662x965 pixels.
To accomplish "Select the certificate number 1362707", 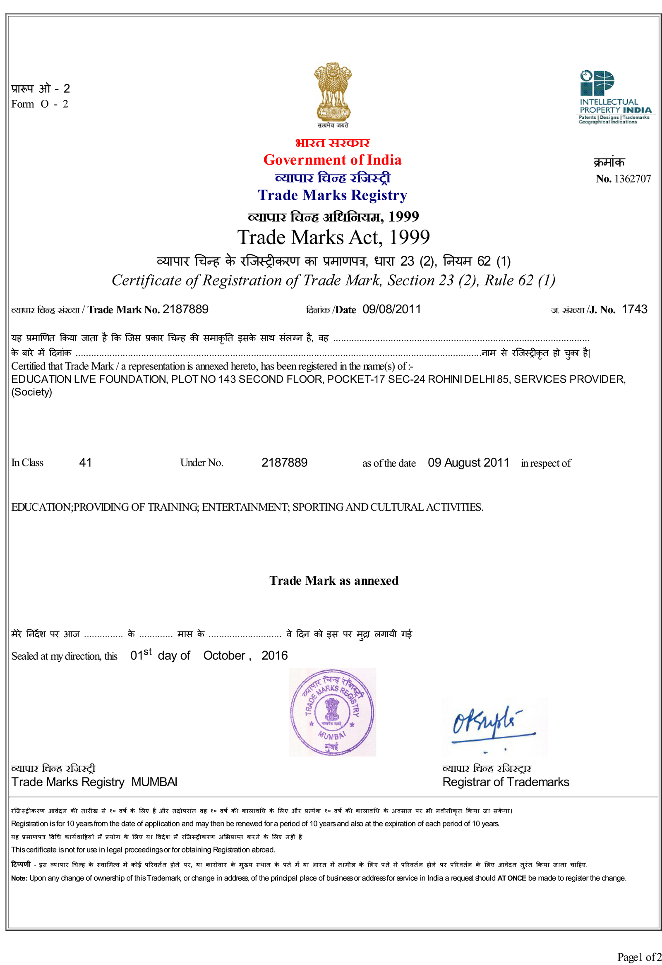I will point(632,179).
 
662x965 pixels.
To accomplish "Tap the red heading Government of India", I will point(332,160).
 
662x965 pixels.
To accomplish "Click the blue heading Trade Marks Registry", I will point(333,195).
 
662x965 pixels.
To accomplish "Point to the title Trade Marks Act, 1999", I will point(333,238).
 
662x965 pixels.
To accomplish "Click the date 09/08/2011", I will point(391,310).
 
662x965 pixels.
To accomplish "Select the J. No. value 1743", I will point(634,310).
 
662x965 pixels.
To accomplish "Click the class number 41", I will point(85,463).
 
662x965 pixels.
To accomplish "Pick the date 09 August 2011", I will point(468,463).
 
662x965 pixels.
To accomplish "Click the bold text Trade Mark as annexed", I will point(334,581).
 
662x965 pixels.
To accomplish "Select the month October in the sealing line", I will point(224,655).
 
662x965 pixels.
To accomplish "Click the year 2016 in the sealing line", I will point(274,655).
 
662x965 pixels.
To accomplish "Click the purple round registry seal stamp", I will point(332,712).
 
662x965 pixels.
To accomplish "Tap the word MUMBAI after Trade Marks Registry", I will point(154,782).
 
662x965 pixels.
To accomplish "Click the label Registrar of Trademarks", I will point(506,782).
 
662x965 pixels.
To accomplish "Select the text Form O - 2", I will point(40,104).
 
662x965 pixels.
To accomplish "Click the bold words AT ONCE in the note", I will point(511,878).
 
